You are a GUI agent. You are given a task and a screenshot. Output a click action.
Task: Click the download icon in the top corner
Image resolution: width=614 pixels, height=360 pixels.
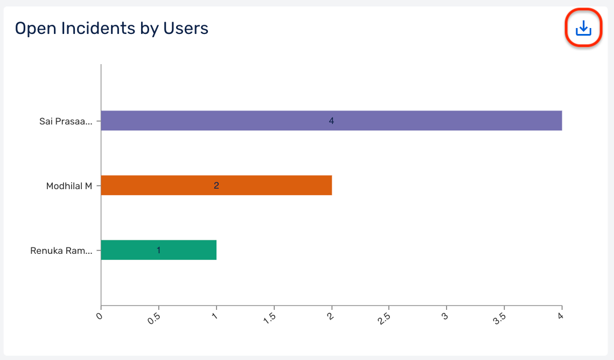[583, 28]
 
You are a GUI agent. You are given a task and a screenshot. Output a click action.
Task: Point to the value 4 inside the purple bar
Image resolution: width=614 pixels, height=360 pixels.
[331, 121]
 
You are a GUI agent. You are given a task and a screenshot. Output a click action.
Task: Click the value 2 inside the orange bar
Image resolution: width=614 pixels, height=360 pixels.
[216, 186]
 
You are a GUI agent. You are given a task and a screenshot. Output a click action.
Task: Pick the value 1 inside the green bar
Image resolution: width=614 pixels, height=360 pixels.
[158, 251]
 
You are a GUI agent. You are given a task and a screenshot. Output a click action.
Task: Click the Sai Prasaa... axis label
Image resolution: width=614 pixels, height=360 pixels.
[66, 121]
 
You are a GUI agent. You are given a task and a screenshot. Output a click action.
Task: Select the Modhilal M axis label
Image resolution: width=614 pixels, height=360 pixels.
[69, 186]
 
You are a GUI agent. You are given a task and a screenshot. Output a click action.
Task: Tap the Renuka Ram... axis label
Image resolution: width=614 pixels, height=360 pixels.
[61, 251]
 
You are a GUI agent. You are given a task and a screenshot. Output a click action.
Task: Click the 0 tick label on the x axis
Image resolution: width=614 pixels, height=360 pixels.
[99, 316]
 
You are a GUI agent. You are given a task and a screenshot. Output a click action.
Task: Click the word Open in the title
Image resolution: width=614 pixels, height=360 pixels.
[33, 29]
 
